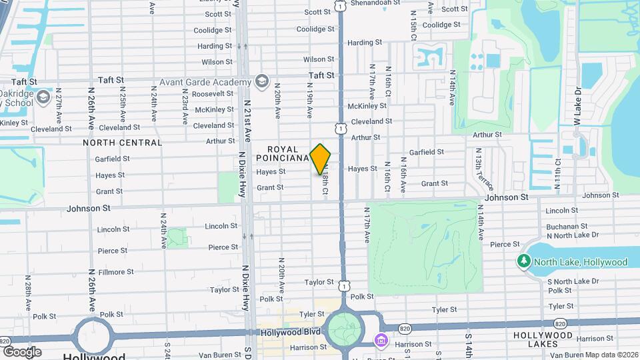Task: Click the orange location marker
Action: coord(321,159)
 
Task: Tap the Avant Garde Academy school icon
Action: coord(261,82)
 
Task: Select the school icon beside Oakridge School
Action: coord(43,98)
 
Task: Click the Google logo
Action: coord(22,351)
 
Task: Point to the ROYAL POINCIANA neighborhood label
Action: coord(287,153)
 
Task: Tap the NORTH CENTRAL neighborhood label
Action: coord(122,143)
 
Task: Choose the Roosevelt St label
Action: coord(212,94)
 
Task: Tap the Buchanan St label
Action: coord(566,227)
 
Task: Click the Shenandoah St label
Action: coord(375,2)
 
